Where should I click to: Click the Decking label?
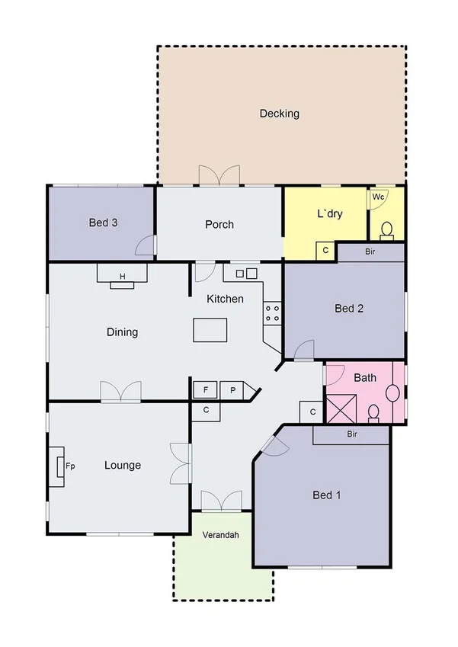point(279,114)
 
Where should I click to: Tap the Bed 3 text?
point(103,223)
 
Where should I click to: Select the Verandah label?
point(220,535)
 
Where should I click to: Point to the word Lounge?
point(122,465)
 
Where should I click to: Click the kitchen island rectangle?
point(210,331)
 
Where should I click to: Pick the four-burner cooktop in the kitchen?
point(272,312)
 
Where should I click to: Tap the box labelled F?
point(204,390)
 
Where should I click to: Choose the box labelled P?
point(232,390)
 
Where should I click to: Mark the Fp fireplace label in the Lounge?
point(69,465)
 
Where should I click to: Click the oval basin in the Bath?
point(392,392)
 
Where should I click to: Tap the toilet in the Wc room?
point(386,229)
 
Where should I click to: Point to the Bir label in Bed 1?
point(352,434)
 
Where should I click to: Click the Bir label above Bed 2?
point(370,251)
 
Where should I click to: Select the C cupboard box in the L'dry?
point(325,251)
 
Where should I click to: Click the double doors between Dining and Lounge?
point(120,391)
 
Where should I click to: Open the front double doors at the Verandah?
point(220,501)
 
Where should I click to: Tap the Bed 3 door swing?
point(146,245)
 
